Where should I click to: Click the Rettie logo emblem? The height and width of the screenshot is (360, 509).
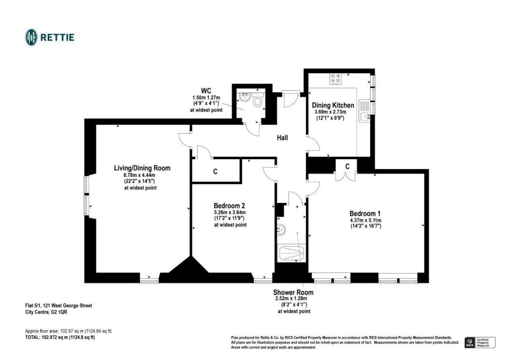31,37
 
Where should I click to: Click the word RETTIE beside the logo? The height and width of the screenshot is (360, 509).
57,37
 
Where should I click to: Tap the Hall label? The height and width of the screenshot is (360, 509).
282,138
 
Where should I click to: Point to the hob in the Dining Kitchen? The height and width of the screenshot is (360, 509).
335,79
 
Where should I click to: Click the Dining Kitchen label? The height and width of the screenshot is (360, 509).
333,105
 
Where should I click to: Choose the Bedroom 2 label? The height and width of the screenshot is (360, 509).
229,205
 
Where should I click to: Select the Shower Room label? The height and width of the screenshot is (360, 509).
293,292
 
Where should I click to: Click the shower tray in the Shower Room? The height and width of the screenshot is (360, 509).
291,254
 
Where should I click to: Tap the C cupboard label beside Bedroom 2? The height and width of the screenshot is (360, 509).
215,172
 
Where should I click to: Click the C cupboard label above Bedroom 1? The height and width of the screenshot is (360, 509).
347,166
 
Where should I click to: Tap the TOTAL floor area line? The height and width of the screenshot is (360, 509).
60,337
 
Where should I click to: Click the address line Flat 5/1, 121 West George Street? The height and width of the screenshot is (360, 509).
58,306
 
